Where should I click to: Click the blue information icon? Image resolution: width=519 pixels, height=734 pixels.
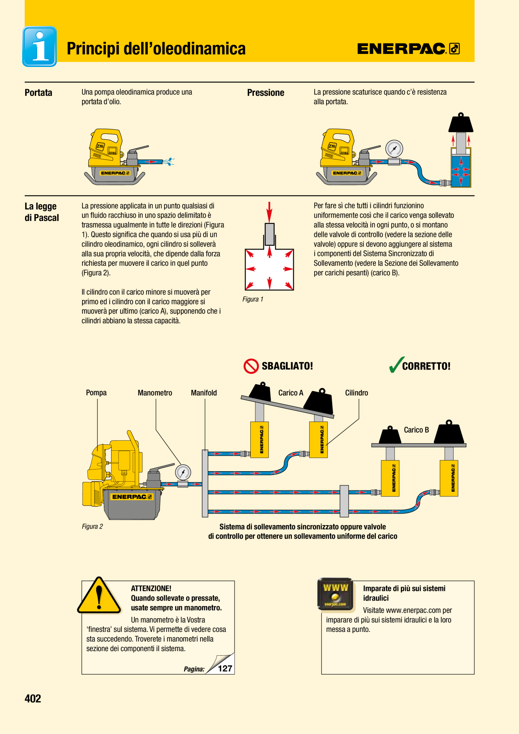click(39, 46)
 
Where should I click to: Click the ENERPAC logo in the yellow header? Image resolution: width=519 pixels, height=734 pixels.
click(409, 49)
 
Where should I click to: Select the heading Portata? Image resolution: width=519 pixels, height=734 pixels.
click(39, 92)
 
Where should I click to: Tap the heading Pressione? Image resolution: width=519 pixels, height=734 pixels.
click(266, 92)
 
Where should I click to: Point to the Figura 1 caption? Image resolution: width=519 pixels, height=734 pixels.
click(253, 299)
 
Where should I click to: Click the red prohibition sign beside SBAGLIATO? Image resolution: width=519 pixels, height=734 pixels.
click(251, 366)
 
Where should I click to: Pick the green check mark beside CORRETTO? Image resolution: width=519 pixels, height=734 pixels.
click(396, 364)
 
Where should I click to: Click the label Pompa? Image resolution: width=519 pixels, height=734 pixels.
click(96, 393)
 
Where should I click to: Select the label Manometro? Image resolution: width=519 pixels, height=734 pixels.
click(155, 393)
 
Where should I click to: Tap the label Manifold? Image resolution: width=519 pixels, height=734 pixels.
click(204, 393)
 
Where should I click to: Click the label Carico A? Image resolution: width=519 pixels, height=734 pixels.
click(291, 393)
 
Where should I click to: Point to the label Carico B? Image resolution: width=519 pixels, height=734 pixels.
click(416, 430)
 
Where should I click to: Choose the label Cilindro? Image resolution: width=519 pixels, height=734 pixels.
click(357, 393)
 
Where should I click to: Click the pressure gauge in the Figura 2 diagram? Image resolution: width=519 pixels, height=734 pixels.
click(183, 472)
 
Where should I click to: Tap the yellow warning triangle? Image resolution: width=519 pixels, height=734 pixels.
click(99, 596)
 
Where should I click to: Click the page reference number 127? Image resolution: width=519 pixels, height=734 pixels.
click(225, 668)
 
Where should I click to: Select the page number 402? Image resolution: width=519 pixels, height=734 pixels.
click(33, 698)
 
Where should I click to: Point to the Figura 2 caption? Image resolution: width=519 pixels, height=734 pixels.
click(92, 526)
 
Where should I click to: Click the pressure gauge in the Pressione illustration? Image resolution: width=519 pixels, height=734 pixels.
click(394, 148)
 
